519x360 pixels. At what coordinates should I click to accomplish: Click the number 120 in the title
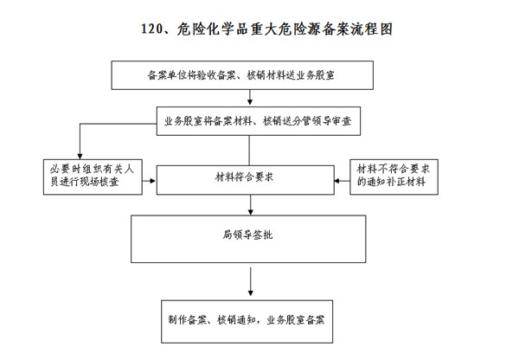[x=151, y=29]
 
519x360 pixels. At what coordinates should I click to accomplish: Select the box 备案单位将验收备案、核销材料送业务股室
[x=242, y=75]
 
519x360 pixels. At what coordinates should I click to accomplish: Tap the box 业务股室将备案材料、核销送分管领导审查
[x=259, y=121]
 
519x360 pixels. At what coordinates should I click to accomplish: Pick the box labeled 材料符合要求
[x=246, y=180]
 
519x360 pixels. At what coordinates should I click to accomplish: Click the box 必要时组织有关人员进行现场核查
[x=93, y=177]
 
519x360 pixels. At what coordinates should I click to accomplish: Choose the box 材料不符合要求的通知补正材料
[x=394, y=177]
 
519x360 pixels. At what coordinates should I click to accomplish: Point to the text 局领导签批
[x=247, y=235]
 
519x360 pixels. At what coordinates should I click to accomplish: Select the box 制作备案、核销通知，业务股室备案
[x=247, y=322]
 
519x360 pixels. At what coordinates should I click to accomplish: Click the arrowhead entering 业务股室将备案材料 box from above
[x=250, y=102]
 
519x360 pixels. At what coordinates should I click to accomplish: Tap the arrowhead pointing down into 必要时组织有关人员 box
[x=80, y=156]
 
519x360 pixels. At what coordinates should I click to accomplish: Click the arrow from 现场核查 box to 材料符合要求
[x=150, y=181]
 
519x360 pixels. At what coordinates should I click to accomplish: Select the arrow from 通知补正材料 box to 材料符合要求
[x=343, y=181]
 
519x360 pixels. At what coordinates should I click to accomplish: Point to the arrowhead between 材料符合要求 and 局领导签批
[x=251, y=211]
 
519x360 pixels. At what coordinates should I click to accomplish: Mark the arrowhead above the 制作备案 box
[x=251, y=292]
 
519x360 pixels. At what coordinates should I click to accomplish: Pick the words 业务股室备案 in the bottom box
[x=296, y=320]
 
